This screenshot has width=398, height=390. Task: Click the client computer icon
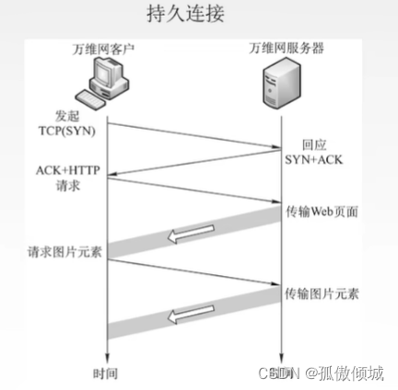pyautogui.click(x=105, y=81)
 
